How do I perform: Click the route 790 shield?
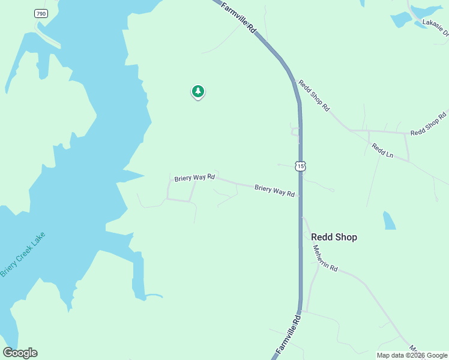pyautogui.click(x=41, y=13)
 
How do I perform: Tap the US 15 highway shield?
pyautogui.click(x=300, y=166)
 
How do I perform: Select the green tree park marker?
pyautogui.click(x=198, y=91)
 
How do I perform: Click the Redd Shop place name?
pyautogui.click(x=334, y=237)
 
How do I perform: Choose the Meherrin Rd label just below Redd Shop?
pyautogui.click(x=326, y=260)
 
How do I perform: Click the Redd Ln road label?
pyautogui.click(x=382, y=151)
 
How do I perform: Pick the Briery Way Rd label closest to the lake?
pyautogui.click(x=194, y=178)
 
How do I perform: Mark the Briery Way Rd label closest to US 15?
pyautogui.click(x=274, y=191)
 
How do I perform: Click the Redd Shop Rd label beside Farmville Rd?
pyautogui.click(x=314, y=96)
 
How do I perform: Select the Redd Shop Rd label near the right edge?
pyautogui.click(x=429, y=124)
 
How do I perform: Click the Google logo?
pyautogui.click(x=20, y=353)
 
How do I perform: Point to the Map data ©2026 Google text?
pyautogui.click(x=412, y=355)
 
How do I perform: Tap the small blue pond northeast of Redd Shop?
pyautogui.click(x=390, y=221)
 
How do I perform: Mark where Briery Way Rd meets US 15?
pyautogui.click(x=300, y=195)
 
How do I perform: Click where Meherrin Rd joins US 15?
pyautogui.click(x=301, y=217)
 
